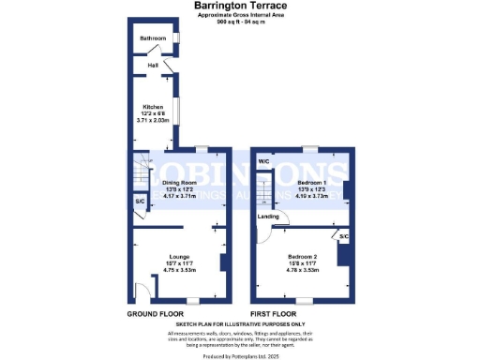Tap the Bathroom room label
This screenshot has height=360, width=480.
153,38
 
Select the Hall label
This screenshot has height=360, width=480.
152,66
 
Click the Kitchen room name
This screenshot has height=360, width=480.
153,107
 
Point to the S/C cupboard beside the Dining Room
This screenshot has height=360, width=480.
140,202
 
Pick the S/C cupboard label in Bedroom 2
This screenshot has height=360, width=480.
344,236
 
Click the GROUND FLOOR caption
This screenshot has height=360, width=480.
155,313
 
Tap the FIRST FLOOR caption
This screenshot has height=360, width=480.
274,313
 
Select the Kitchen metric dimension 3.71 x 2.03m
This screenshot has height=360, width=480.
153,121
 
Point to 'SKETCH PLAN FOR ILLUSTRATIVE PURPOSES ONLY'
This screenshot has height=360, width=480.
239,324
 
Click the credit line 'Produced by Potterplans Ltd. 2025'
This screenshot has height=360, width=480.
239,356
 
